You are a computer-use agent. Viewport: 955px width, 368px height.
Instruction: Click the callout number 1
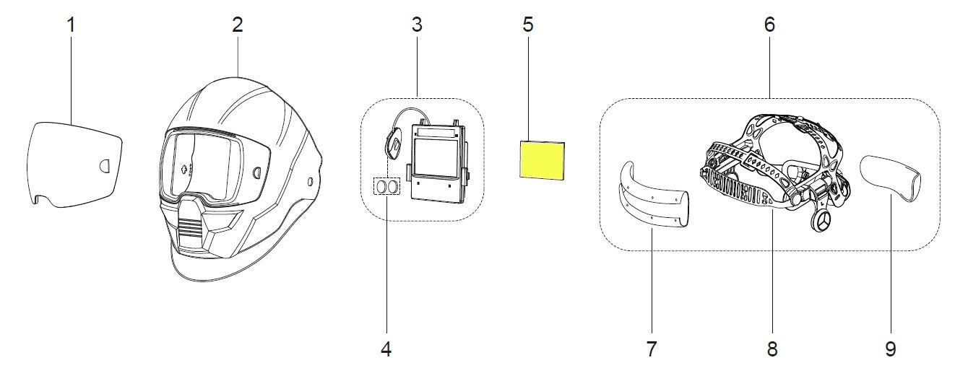pyautogui.click(x=71, y=25)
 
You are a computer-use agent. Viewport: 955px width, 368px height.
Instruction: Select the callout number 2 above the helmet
pyautogui.click(x=238, y=25)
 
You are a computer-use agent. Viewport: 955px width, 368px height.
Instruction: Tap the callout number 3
pyautogui.click(x=417, y=25)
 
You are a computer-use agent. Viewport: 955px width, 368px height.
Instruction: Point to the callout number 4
pyautogui.click(x=386, y=350)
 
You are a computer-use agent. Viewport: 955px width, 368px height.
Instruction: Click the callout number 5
pyautogui.click(x=528, y=25)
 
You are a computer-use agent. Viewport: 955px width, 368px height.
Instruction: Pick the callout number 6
pyautogui.click(x=769, y=25)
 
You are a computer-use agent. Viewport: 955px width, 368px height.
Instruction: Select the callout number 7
pyautogui.click(x=651, y=350)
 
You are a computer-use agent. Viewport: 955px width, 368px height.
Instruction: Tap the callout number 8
pyautogui.click(x=772, y=350)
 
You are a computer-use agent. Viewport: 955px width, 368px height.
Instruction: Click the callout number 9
pyautogui.click(x=890, y=350)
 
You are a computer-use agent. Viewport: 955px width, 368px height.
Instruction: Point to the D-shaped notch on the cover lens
pyautogui.click(x=105, y=165)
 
